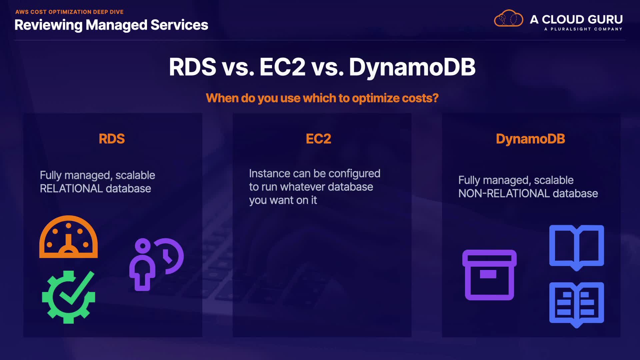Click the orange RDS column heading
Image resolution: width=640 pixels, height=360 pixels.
point(112,139)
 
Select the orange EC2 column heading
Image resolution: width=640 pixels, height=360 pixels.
point(318,139)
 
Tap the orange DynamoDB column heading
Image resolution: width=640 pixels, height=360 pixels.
point(530,139)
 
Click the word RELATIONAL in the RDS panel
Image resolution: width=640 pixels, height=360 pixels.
point(71,189)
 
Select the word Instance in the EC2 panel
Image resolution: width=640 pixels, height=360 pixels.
point(270,173)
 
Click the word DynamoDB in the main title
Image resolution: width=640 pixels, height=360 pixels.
point(412,67)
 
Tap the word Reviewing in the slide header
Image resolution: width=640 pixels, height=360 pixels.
point(48,25)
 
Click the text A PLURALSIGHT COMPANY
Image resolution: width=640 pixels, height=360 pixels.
point(583,29)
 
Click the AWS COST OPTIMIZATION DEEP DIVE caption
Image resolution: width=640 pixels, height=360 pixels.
point(69,12)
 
